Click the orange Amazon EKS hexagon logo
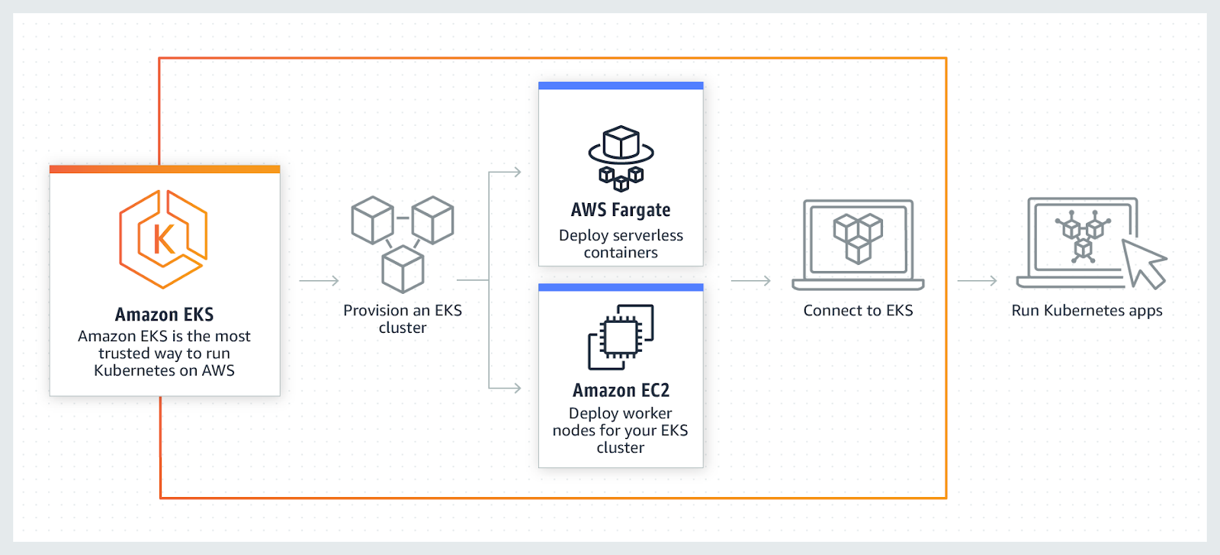[163, 239]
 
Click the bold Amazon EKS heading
[164, 315]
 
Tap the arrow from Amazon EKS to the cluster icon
[319, 281]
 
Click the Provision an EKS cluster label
[403, 319]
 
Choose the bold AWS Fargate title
[621, 210]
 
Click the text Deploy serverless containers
[621, 244]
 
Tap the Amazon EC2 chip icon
[621, 337]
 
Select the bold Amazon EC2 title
[621, 390]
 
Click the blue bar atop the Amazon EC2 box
[621, 288]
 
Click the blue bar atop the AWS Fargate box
[621, 86]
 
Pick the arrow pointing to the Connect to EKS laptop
[750, 281]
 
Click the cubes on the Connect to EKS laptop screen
[858, 237]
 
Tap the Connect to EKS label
[858, 311]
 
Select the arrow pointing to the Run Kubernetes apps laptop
[977, 281]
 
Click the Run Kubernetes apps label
[1087, 311]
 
